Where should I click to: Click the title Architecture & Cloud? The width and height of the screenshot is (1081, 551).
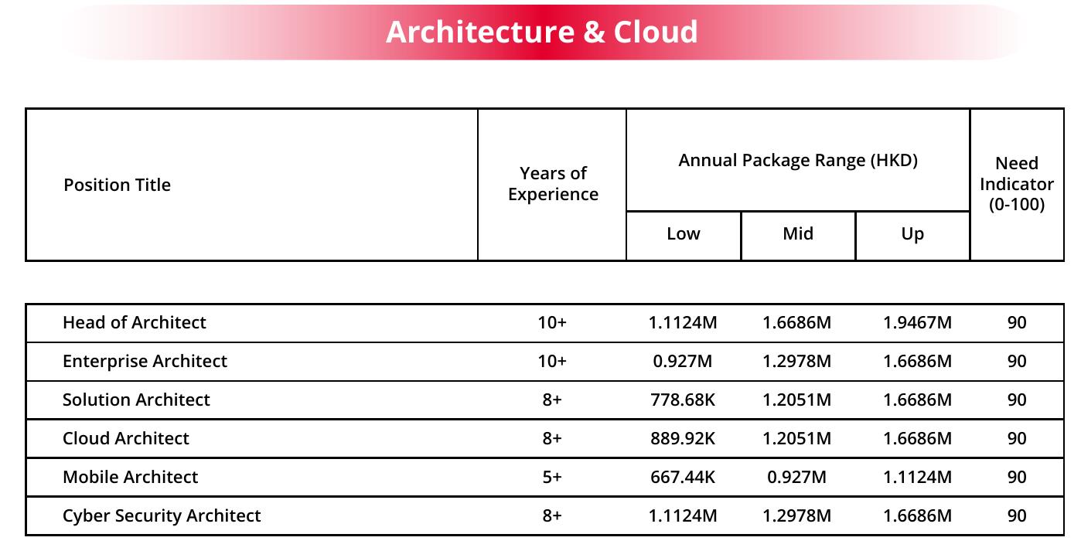541,32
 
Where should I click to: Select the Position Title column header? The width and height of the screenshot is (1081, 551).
117,185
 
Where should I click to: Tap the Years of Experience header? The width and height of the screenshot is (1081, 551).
553,184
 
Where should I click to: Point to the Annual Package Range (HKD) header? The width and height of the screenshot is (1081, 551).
798,160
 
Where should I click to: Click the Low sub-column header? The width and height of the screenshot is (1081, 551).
684,234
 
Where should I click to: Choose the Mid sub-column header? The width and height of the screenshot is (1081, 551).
798,234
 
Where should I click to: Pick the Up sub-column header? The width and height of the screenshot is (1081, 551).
912,234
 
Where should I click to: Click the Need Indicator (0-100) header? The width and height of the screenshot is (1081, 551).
1017,184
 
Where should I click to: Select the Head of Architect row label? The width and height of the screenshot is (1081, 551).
135,322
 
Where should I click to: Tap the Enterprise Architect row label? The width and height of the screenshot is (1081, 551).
145,361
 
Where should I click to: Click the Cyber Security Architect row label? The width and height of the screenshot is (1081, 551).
162,515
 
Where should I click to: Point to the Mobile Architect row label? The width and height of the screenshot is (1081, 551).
131,477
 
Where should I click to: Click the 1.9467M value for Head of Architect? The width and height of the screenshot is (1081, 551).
917,322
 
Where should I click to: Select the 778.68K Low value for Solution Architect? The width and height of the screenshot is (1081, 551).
683,400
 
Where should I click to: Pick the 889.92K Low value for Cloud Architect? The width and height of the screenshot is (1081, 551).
683,438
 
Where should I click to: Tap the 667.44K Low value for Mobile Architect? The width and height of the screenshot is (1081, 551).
683,477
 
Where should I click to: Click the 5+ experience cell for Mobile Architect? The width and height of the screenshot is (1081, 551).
552,477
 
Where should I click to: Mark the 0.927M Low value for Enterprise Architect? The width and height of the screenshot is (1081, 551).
683,361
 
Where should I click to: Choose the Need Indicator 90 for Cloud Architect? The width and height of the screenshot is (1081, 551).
1017,438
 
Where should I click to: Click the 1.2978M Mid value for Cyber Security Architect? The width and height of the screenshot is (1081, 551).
796,515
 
